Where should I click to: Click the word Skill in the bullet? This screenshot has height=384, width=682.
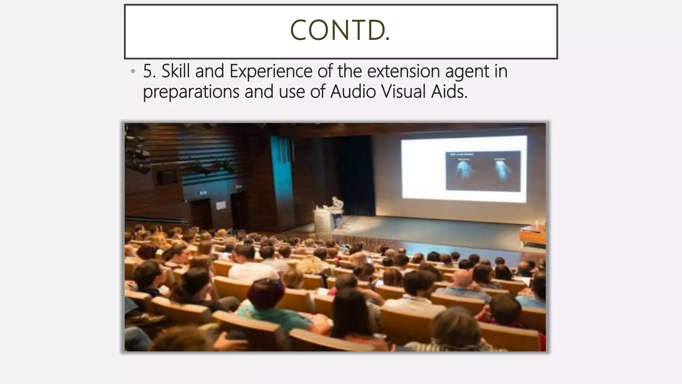point(175,71)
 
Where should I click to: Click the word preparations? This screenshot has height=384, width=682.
point(191,92)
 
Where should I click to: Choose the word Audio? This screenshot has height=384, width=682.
point(353,91)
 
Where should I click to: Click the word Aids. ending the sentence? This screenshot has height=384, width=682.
point(449,91)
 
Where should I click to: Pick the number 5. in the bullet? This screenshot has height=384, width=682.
point(150,71)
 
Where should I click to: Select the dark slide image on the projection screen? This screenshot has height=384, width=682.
point(483,171)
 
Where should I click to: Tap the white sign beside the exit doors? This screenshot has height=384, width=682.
point(221,205)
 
